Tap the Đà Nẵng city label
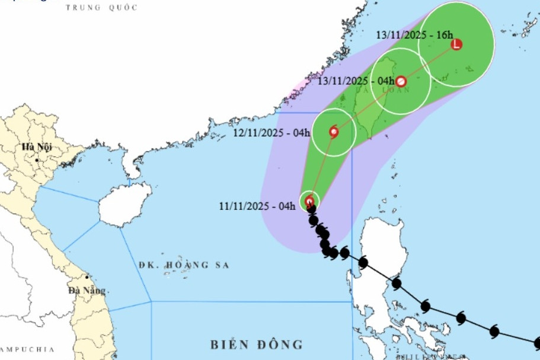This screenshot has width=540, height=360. (87, 291)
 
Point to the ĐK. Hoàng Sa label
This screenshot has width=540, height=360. (184, 265)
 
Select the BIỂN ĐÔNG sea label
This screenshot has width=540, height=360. (257, 344)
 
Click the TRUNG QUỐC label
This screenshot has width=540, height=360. (101, 8)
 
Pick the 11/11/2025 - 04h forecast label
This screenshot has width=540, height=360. (257, 206)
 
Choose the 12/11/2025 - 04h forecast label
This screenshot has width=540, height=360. (271, 132)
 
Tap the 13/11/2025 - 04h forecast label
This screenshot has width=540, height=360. (356, 80)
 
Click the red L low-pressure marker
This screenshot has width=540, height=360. (456, 44)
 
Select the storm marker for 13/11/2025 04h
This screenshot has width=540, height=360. (401, 81)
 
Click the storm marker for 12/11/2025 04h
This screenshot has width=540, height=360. (334, 132)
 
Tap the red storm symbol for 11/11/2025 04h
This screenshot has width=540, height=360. (309, 202)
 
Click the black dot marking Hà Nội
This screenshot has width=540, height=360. (37, 160)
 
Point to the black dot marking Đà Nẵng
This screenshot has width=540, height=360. (87, 277)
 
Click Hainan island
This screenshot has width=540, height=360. (122, 205)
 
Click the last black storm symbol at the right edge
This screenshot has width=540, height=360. (537, 342)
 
